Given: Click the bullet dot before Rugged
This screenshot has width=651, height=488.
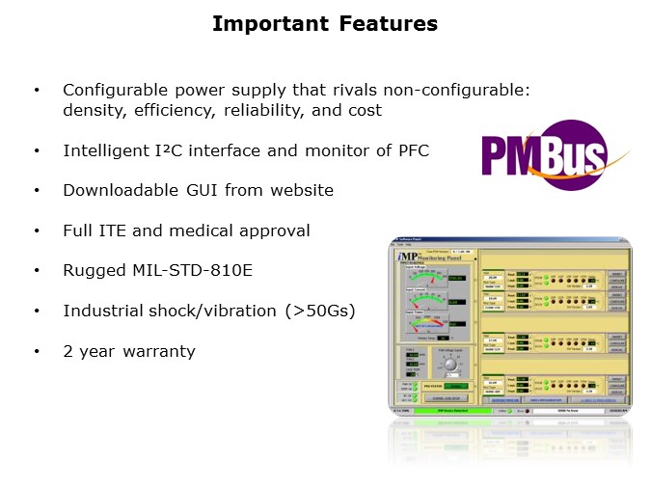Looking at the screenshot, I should (38, 271).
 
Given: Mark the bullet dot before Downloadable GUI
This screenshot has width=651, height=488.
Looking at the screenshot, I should (38, 191).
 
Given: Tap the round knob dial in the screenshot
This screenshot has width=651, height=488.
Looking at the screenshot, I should (448, 364).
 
